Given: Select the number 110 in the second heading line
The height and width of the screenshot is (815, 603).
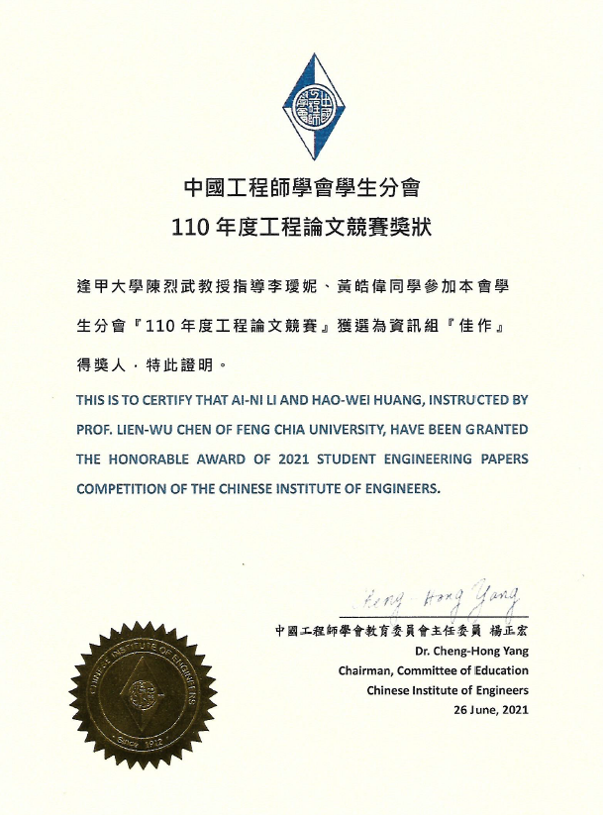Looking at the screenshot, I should [x=190, y=226].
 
